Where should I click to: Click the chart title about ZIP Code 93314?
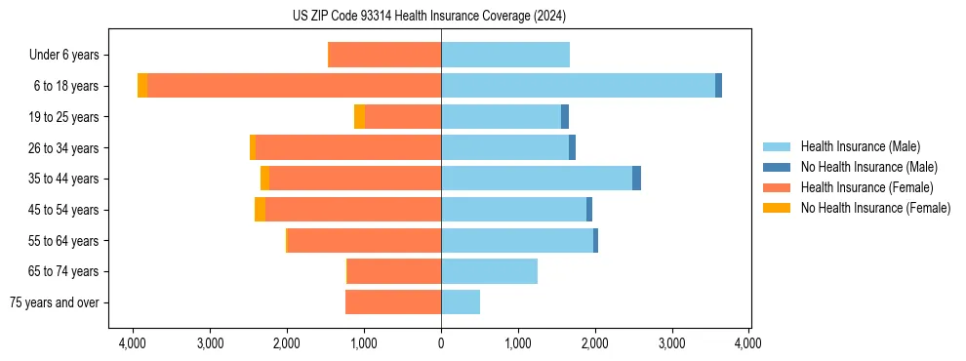click(x=428, y=17)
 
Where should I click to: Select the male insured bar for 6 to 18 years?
click(x=578, y=86)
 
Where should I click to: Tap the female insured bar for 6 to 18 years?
click(x=294, y=86)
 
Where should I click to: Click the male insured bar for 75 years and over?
click(x=461, y=302)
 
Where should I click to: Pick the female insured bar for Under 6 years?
click(x=385, y=55)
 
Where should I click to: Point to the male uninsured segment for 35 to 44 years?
click(x=636, y=179)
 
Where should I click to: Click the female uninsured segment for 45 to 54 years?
click(x=260, y=210)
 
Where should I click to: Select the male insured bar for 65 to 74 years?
click(x=489, y=271)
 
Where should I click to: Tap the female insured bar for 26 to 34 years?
click(x=347, y=147)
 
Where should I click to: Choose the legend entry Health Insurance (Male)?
click(x=860, y=146)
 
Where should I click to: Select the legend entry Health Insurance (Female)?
click(x=865, y=187)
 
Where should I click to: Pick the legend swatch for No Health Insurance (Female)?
click(x=778, y=208)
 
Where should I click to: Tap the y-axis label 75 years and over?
click(x=55, y=302)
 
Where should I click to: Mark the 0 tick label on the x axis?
click(x=441, y=343)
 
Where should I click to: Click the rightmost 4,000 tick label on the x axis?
click(x=748, y=343)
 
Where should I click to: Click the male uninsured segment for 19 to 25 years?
click(x=565, y=117)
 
